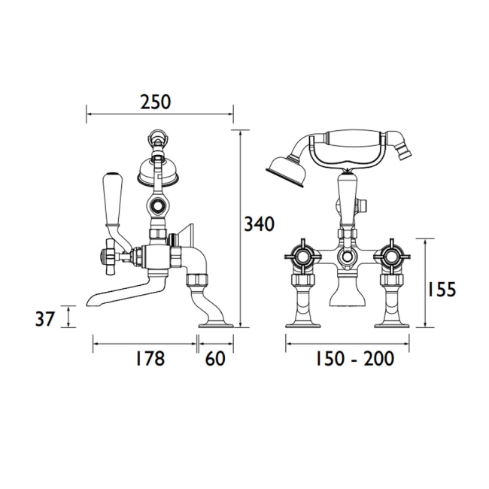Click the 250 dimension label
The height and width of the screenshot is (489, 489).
(x=156, y=102)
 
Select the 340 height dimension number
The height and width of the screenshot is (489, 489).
(x=259, y=224)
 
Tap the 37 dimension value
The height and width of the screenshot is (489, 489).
(x=45, y=319)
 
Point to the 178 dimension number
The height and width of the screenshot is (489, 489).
(x=150, y=359)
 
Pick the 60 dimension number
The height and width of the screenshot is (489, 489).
(x=215, y=359)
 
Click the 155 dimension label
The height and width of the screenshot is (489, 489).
(x=441, y=289)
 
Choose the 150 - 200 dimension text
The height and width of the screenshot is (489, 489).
(x=355, y=359)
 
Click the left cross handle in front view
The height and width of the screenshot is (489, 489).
(x=302, y=257)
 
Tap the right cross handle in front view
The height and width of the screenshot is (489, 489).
(x=391, y=257)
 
